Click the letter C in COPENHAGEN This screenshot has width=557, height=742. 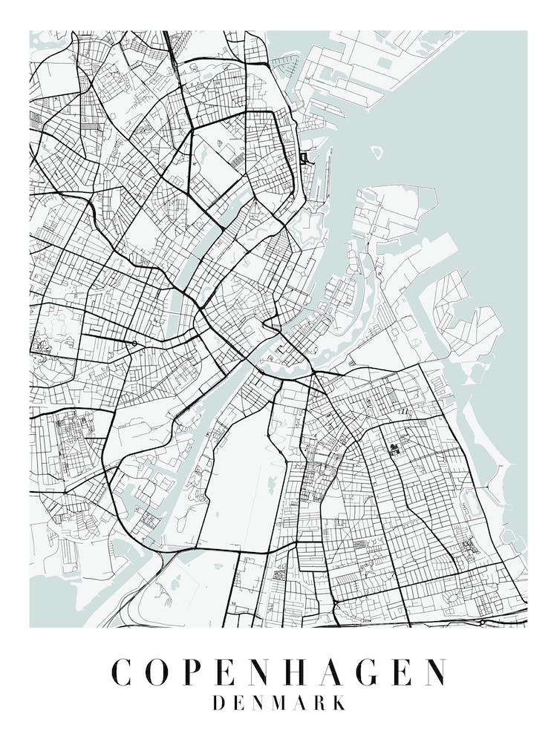point(123,672)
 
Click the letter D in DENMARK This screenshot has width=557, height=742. point(219,703)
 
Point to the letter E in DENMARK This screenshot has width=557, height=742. point(239,703)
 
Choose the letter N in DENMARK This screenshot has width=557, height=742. point(259,703)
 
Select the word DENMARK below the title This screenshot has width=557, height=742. point(278,703)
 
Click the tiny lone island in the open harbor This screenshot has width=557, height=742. point(377,152)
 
